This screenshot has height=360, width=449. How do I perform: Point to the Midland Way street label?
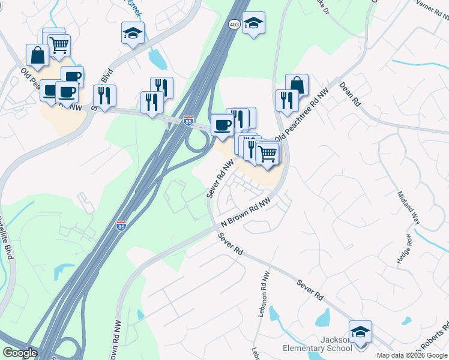coord(406,208)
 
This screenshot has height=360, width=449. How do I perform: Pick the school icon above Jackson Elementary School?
coord(360,332)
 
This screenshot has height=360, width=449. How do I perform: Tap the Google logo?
coord(20,352)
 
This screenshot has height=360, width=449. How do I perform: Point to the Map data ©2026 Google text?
coord(412,355)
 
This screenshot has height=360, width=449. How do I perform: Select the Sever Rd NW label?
coord(220,179)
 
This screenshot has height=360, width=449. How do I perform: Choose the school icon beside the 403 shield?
coord(254,23)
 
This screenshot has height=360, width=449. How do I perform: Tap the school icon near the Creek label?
coord(133,34)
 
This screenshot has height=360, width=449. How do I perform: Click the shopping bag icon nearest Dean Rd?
coord(297,85)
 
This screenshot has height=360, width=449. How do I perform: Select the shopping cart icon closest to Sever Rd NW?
coord(267,154)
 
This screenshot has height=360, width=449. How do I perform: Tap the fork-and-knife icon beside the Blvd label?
coord(104,95)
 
